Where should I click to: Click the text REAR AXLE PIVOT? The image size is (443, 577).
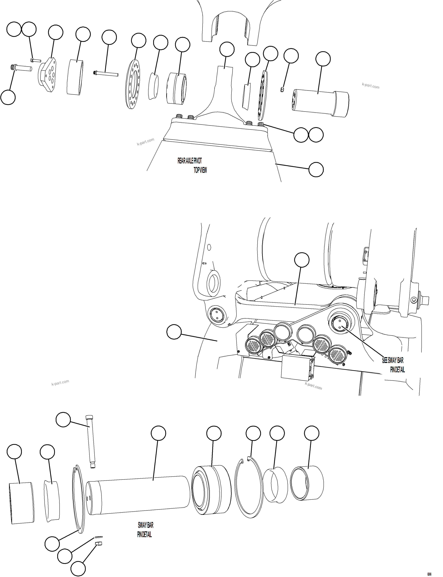tap(190, 161)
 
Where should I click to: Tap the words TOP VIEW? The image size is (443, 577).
tap(200, 170)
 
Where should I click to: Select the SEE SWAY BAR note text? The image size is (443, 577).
tap(393, 360)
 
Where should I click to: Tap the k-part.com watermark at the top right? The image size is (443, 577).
tap(370, 86)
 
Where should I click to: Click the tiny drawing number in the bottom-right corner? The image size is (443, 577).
tap(429, 572)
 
